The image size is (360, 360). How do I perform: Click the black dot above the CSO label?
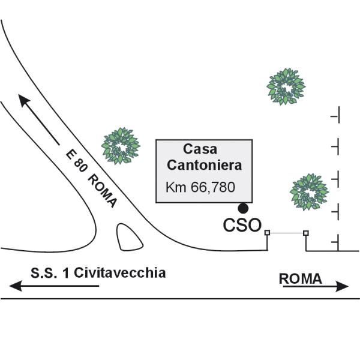point(243,208)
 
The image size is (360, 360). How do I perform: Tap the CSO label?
point(242,225)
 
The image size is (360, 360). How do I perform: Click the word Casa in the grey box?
point(200,149)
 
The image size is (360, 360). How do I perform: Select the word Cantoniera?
point(205,165)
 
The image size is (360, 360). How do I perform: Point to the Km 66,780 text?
point(200,187)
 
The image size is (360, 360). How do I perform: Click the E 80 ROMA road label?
point(91,178)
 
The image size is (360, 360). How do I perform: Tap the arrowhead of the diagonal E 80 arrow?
point(23,101)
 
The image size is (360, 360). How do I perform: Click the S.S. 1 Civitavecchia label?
point(98,273)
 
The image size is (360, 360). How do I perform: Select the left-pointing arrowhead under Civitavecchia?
point(16,286)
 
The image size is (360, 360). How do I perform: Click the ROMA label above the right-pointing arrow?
point(301,279)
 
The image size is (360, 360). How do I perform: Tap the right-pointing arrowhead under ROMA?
point(342,286)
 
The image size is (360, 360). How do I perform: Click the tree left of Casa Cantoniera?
point(121,146)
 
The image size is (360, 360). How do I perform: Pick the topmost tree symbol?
point(286,86)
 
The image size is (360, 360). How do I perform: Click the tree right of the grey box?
point(309,192)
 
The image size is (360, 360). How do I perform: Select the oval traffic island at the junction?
point(129,237)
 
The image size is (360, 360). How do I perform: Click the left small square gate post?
point(267,233)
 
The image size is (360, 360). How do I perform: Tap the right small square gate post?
point(306,233)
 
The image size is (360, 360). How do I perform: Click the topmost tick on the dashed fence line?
point(335,115)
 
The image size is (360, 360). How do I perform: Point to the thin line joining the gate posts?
point(287,233)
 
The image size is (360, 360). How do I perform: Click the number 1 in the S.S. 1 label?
point(67,273)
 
